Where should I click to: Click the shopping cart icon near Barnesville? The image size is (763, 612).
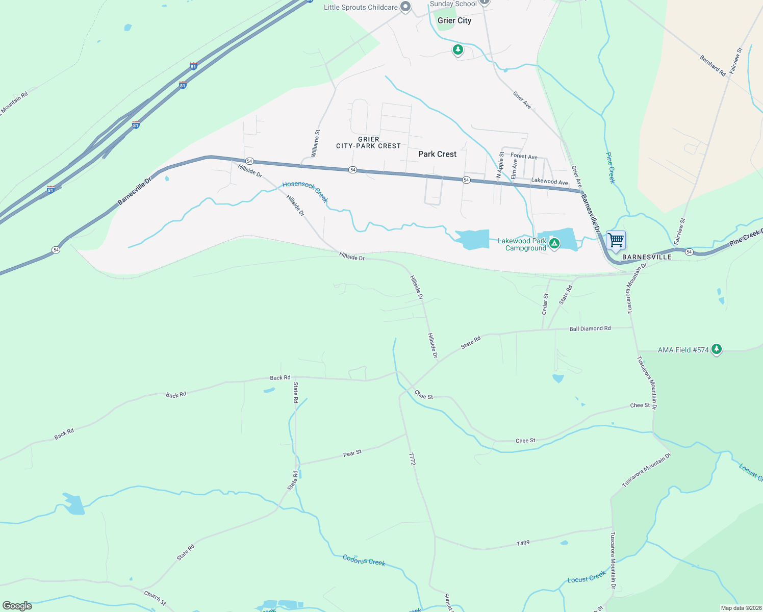point(616,239)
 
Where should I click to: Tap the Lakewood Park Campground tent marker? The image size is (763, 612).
point(554,244)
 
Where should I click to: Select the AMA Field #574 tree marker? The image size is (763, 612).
point(717,349)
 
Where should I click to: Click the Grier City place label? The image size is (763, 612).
point(454,20)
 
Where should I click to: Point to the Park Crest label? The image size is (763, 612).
point(437,154)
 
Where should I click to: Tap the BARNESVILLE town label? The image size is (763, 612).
point(647,257)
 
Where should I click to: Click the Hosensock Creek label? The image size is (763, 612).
point(305,191)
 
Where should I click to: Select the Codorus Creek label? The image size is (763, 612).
point(364,560)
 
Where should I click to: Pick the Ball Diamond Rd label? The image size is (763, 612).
point(590,329)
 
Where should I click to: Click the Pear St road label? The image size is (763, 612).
point(352,453)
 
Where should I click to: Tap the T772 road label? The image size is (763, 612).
point(413,458)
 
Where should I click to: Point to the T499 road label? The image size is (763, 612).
point(523,544)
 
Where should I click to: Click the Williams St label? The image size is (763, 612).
point(316,143)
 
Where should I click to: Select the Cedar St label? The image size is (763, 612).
point(545,303)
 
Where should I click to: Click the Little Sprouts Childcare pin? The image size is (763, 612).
point(405,7)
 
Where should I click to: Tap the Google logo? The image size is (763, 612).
point(17,606)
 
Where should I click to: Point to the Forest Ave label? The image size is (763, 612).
point(524,157)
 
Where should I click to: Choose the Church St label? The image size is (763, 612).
point(155,598)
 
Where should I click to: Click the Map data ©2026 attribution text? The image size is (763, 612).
point(741,608)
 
